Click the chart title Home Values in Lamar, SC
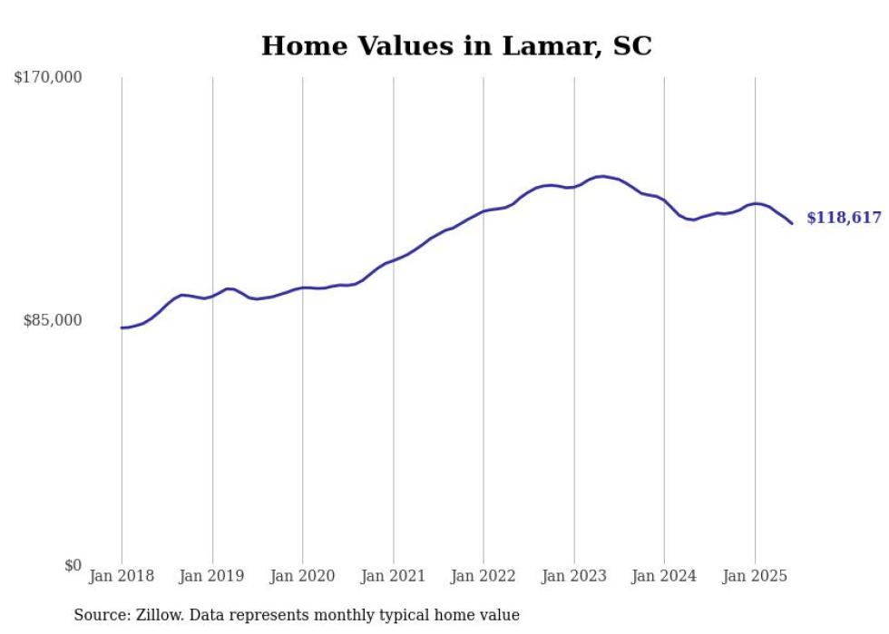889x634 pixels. [456, 46]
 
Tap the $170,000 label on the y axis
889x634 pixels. [48, 78]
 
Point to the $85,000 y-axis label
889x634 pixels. [53, 320]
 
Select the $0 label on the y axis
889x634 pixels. [73, 565]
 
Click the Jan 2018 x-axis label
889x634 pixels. [122, 576]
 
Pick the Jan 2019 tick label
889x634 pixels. [212, 576]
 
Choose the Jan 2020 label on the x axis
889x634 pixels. [303, 576]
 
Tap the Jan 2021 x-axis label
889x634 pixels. [393, 576]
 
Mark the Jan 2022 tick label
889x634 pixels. [484, 576]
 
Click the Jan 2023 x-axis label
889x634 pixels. [574, 576]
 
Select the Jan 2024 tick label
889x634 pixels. [664, 576]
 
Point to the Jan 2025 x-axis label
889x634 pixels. [755, 576]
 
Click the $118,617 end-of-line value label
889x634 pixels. [844, 218]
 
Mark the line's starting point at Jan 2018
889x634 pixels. [122, 327]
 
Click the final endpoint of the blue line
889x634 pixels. [792, 223]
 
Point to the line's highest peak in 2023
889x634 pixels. [602, 176]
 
